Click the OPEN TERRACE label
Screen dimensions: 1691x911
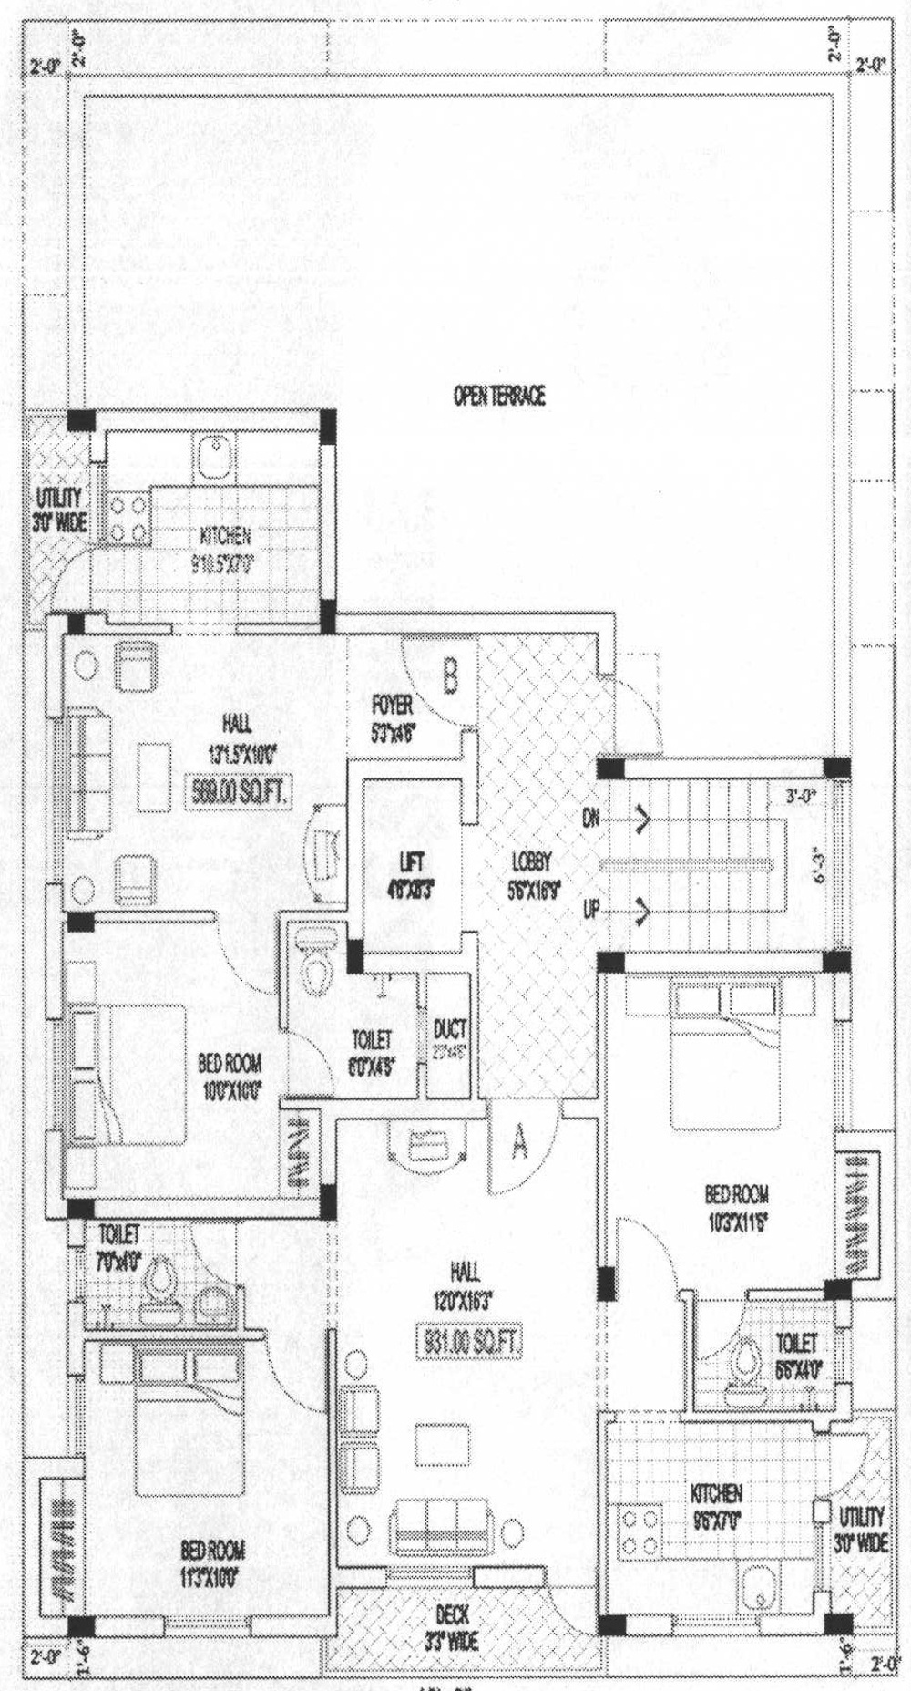(x=499, y=396)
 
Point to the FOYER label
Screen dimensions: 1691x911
(x=392, y=705)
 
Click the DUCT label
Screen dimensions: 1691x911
(x=449, y=1029)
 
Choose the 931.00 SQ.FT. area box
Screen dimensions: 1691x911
(x=468, y=1341)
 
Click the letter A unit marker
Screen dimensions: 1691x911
(x=518, y=1142)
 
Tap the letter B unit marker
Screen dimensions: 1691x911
(x=450, y=676)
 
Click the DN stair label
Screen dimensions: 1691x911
(x=591, y=818)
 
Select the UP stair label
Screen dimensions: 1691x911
(x=591, y=909)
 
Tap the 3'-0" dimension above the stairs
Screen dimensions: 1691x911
(x=802, y=795)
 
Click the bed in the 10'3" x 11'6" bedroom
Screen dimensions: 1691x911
(x=725, y=1057)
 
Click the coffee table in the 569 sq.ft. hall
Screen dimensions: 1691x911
(x=154, y=776)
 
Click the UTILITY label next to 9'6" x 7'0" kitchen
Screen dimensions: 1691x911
(x=860, y=1517)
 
